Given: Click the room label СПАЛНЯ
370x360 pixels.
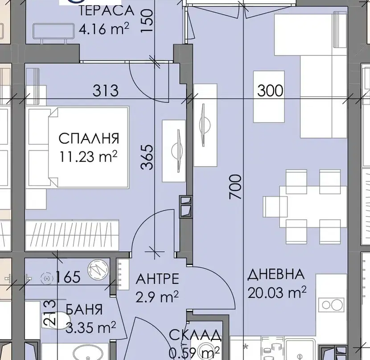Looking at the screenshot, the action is (x=89, y=139).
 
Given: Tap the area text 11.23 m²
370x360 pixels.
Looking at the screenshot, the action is (x=89, y=156).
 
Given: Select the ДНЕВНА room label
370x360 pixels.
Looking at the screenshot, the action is (x=276, y=274).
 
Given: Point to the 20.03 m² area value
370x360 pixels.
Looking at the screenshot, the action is (x=277, y=292).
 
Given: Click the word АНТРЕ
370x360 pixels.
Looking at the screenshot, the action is (x=157, y=279).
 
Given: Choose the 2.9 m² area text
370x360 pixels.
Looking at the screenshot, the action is (x=157, y=297).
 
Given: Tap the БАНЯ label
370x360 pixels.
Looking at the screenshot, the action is (x=84, y=309).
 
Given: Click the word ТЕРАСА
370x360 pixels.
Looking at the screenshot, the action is (x=106, y=11).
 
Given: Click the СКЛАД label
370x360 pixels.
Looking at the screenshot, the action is (x=195, y=335).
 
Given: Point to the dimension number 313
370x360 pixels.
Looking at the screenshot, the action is (x=105, y=90).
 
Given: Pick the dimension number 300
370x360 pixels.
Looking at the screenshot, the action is (x=270, y=90).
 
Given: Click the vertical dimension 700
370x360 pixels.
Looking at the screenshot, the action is (x=235, y=187).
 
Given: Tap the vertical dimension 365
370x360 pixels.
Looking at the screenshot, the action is (x=147, y=157).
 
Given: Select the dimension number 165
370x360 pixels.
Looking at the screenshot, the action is (x=68, y=277).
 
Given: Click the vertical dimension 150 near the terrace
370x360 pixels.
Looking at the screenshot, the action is (x=147, y=20).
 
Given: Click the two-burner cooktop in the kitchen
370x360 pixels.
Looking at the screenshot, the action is (x=331, y=305).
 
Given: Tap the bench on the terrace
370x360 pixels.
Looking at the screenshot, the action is (x=53, y=33).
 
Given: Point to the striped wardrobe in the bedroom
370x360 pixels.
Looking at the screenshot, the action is (x=72, y=235).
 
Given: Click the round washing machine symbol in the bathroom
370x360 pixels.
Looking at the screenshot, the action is (x=98, y=270).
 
